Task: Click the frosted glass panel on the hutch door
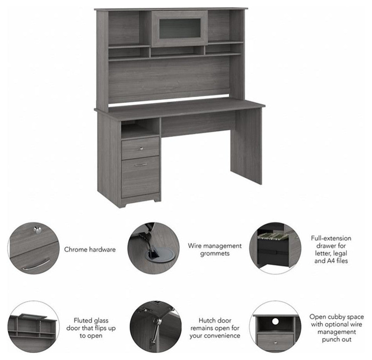pyautogui.click(x=180, y=28)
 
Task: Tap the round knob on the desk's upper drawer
pyautogui.click(x=142, y=149)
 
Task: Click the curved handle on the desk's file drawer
pyautogui.click(x=141, y=164)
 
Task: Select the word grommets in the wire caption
pyautogui.click(x=215, y=254)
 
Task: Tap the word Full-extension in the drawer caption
pyautogui.click(x=331, y=238)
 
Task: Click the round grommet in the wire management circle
pyautogui.click(x=159, y=254)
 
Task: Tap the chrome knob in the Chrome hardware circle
pyautogui.click(x=37, y=229)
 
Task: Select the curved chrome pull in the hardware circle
pyautogui.click(x=37, y=264)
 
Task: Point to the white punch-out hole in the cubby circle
pyautogui.click(x=275, y=321)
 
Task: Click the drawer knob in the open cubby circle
pyautogui.click(x=275, y=343)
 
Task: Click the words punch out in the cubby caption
pyautogui.click(x=337, y=340)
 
